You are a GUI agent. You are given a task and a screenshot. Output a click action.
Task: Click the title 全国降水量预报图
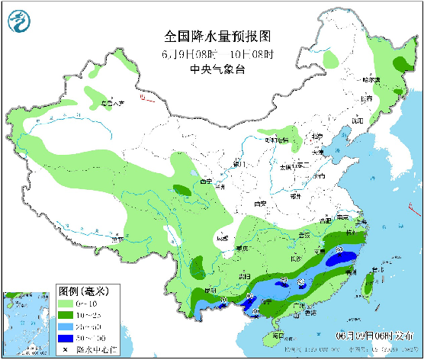pyautogui.click(x=218, y=37)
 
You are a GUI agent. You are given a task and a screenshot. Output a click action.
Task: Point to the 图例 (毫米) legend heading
pyautogui.click(x=85, y=292)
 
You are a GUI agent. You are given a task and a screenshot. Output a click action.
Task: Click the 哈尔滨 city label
pyautogui.click(x=371, y=79)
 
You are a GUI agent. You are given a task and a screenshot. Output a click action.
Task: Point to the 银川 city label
pyautogui.click(x=239, y=164)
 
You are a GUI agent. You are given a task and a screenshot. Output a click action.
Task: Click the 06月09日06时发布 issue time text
pyautogui.click(x=364, y=336)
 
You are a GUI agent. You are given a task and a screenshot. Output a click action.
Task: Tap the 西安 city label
pyautogui.click(x=261, y=204)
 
